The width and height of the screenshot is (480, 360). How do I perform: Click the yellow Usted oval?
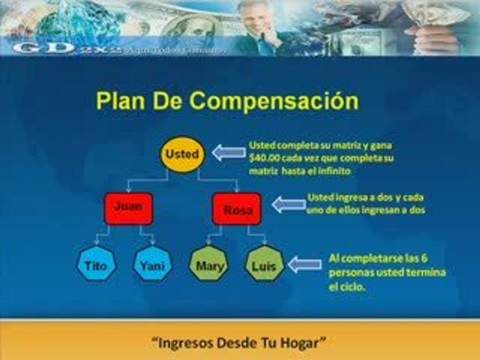pos(182,154)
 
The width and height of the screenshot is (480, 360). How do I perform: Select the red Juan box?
pos(128,207)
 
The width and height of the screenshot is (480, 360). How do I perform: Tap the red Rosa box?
pos(236,209)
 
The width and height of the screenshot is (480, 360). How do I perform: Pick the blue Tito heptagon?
pos(96,265)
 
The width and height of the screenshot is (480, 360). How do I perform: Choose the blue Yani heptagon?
pos(152,265)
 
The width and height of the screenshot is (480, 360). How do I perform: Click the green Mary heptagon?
pos(209,265)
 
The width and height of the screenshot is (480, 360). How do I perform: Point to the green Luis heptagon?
pos(265,264)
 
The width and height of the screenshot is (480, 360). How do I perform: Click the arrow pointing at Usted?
pos(228,152)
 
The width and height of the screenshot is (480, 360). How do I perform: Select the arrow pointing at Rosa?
pos(288,204)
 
